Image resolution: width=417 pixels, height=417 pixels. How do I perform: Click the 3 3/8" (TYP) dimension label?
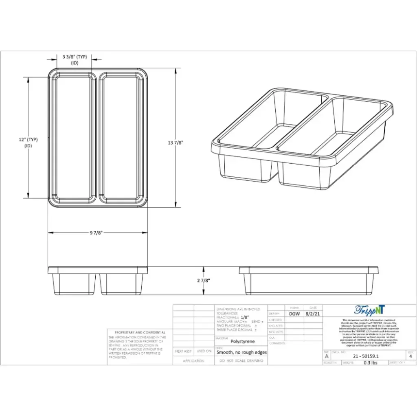pyautogui.click(x=75, y=57)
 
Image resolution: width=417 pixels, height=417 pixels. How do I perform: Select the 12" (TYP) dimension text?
pyautogui.click(x=28, y=140)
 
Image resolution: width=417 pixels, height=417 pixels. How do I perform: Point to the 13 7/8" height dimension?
pyautogui.click(x=176, y=143)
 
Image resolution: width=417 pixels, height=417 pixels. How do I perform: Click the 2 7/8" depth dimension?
pyautogui.click(x=203, y=281)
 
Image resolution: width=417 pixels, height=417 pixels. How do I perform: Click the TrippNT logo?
pyautogui.click(x=369, y=310)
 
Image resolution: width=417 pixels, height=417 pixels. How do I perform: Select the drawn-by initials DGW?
pyautogui.click(x=294, y=314)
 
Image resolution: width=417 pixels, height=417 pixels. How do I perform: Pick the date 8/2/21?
pyautogui.click(x=313, y=314)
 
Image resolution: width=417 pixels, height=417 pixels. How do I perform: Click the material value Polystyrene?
pyautogui.click(x=241, y=342)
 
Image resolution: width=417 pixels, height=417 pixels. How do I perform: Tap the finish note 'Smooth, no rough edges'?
pyautogui.click(x=241, y=353)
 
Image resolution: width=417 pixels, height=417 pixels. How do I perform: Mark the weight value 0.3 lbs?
pyautogui.click(x=370, y=362)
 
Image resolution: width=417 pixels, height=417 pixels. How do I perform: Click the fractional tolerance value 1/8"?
pyautogui.click(x=243, y=317)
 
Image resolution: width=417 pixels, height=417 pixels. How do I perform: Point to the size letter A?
pyautogui.click(x=326, y=356)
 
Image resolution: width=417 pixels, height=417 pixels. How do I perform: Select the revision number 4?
pyautogui.click(x=410, y=356)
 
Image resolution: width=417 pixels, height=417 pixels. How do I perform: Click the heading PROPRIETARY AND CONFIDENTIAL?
pyautogui.click(x=140, y=332)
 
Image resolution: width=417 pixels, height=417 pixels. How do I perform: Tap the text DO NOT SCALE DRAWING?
pyautogui.click(x=241, y=361)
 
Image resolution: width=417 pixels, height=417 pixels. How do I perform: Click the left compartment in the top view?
pyautogui.click(x=73, y=138)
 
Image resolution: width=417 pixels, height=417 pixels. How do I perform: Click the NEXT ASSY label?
pyautogui.click(x=183, y=351)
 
